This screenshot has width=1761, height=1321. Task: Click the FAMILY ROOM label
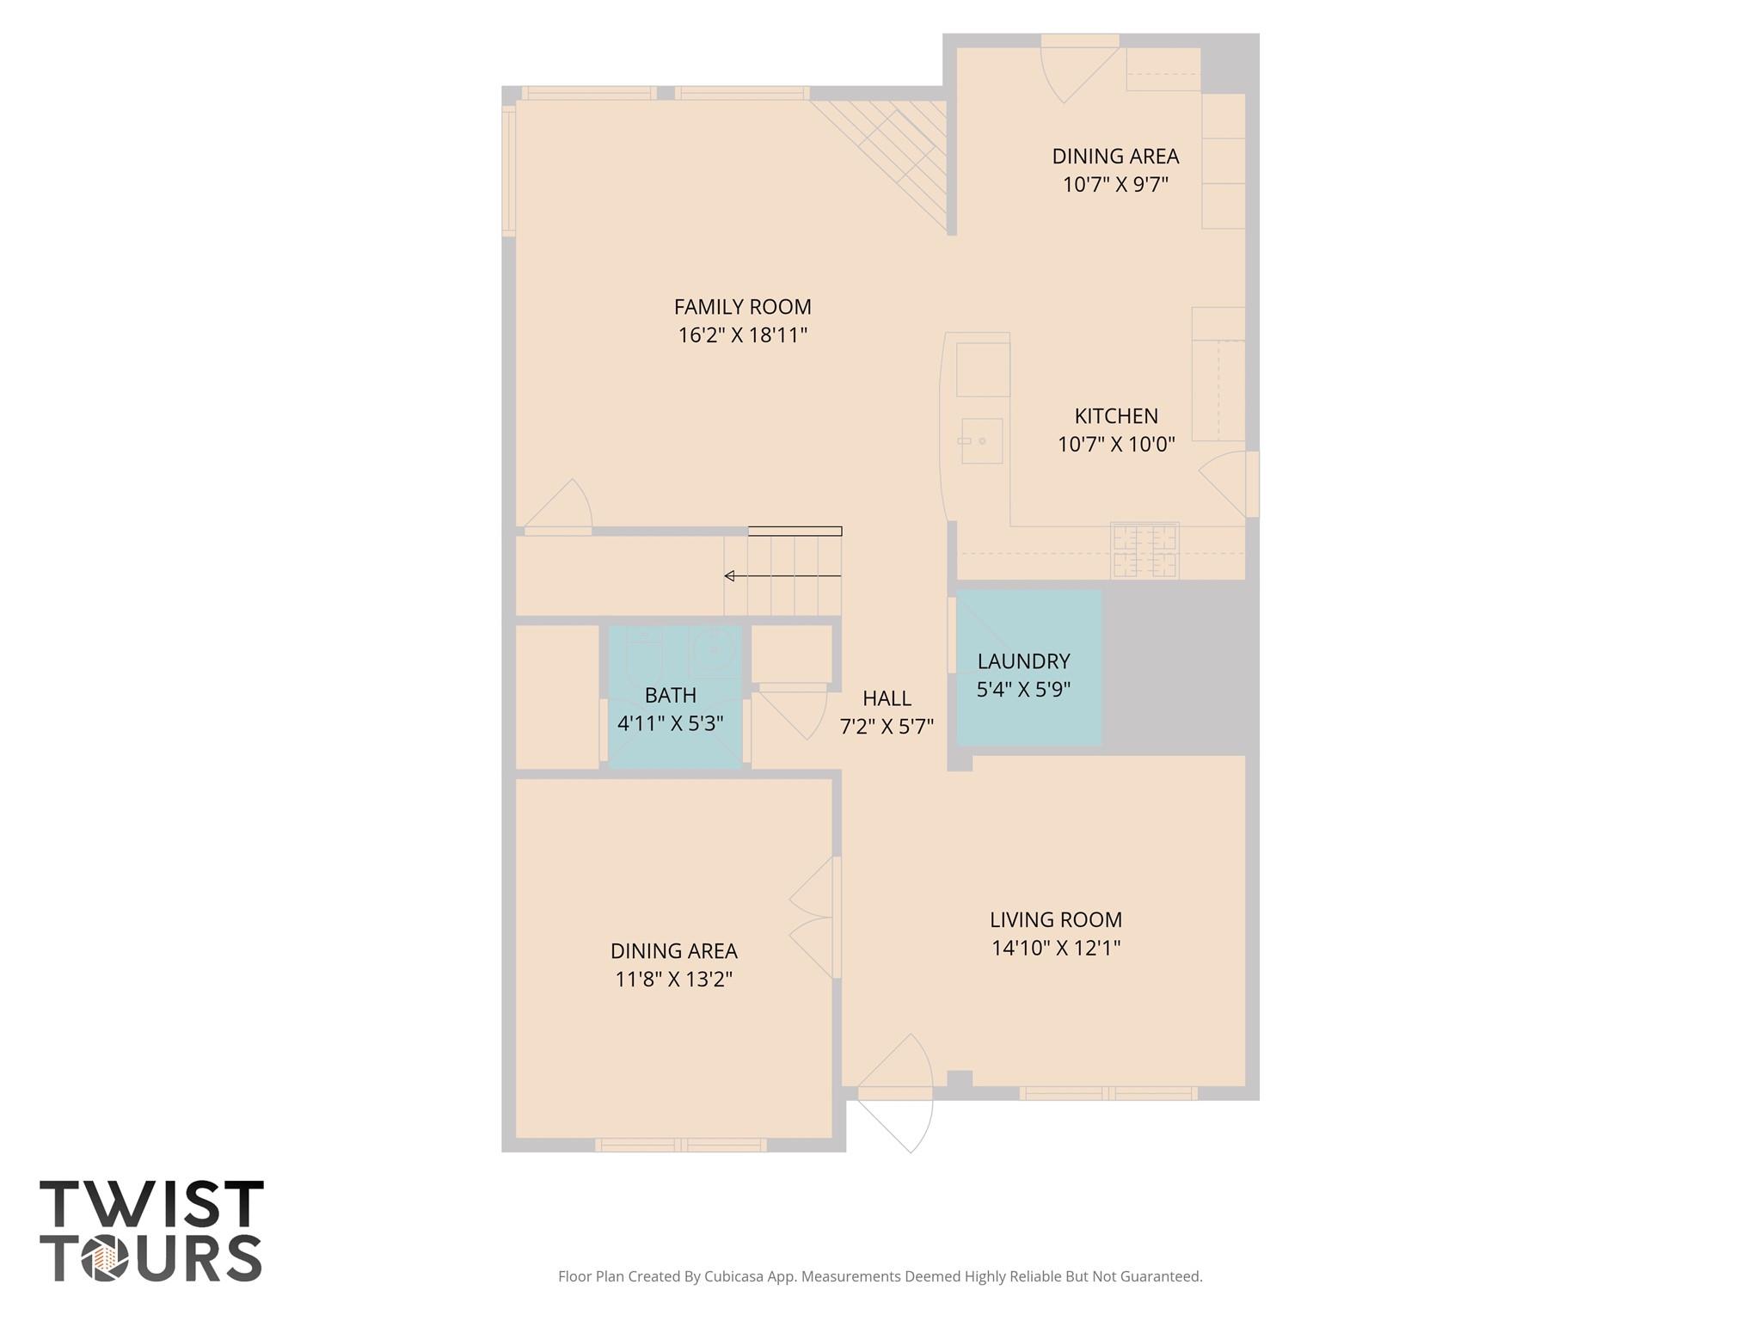pyautogui.click(x=742, y=307)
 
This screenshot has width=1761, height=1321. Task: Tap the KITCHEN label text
pyautogui.click(x=1116, y=416)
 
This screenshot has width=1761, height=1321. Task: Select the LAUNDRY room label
pyautogui.click(x=1023, y=661)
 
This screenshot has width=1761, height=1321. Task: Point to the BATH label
pyautogui.click(x=671, y=695)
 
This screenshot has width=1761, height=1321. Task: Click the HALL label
pyautogui.click(x=887, y=698)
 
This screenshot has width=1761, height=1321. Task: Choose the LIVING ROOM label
pyautogui.click(x=1055, y=919)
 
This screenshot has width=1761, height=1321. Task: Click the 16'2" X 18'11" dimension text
pyautogui.click(x=742, y=335)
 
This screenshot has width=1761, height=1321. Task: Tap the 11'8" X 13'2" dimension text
pyautogui.click(x=673, y=980)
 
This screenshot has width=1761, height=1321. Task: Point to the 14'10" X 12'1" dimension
pyautogui.click(x=1055, y=948)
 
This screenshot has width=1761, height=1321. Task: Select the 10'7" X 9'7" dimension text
pyautogui.click(x=1115, y=185)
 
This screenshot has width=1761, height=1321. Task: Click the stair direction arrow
pyautogui.click(x=782, y=575)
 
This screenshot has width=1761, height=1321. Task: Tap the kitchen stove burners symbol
pyautogui.click(x=1144, y=551)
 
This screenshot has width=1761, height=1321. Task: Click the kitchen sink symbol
pyautogui.click(x=980, y=441)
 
